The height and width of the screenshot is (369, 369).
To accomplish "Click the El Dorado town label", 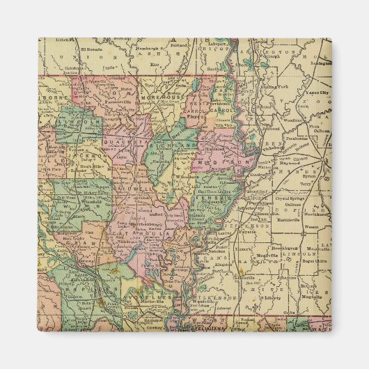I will (x=91, y=50).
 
